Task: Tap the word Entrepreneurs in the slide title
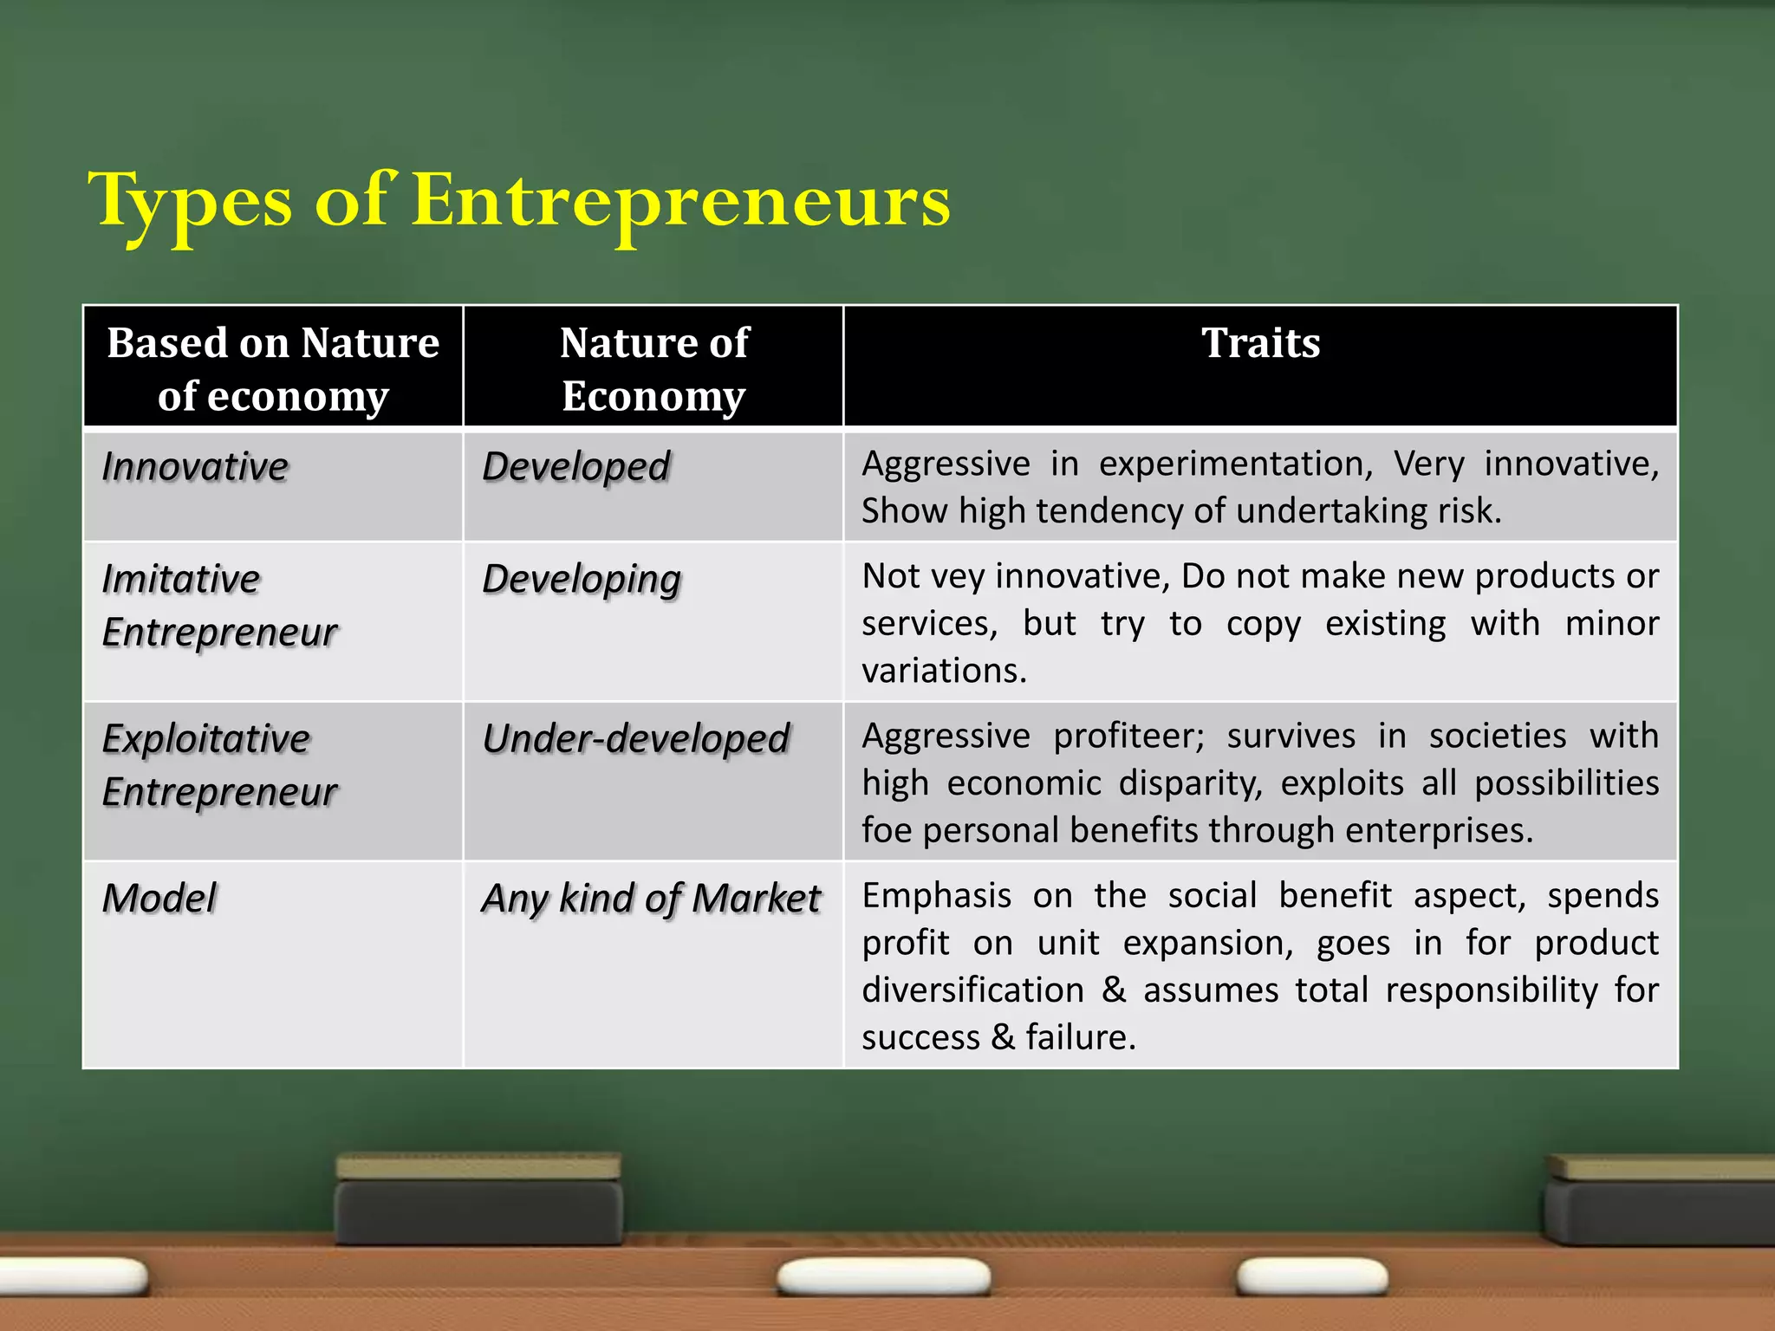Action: click(680, 201)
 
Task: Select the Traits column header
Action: click(1260, 343)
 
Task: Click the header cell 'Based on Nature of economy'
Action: click(273, 368)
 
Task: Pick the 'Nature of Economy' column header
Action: click(653, 368)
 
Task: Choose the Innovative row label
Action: click(195, 467)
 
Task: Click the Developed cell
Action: click(576, 467)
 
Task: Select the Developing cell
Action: click(582, 580)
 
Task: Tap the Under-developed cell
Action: click(636, 739)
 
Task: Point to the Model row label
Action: click(159, 899)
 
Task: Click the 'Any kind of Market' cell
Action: click(651, 899)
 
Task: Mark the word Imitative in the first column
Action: click(181, 579)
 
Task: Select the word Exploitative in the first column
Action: click(206, 739)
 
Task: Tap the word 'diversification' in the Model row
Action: click(972, 990)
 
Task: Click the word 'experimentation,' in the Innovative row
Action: click(1236, 464)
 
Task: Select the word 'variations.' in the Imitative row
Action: click(944, 671)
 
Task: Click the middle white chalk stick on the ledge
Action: click(884, 1276)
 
